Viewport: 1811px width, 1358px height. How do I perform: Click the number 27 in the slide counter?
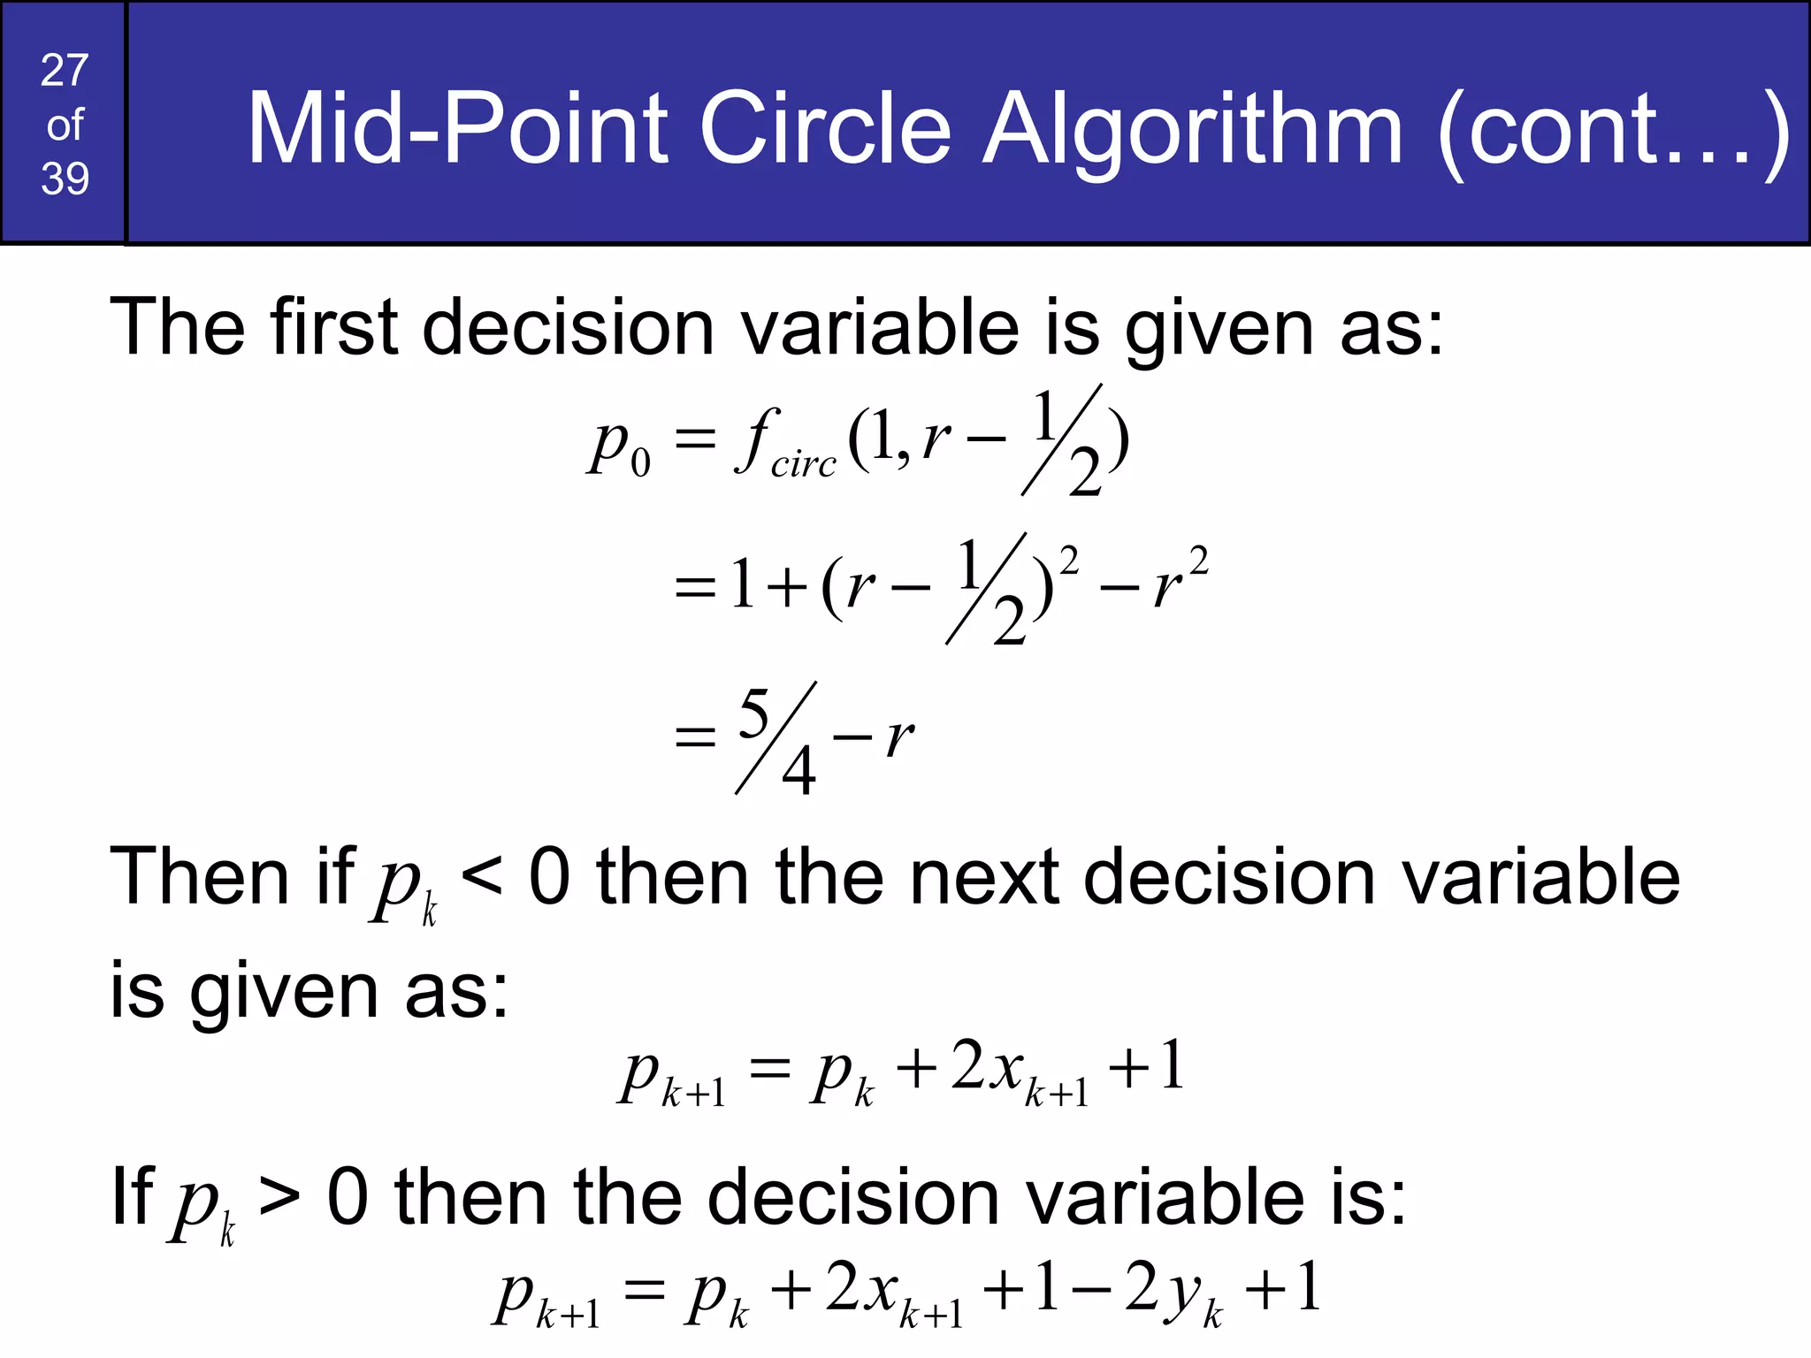coord(65,71)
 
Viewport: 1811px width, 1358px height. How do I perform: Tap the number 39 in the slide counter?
coord(65,179)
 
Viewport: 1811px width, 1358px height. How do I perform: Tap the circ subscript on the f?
coord(803,463)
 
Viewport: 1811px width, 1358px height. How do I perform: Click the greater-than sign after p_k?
coord(279,1198)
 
